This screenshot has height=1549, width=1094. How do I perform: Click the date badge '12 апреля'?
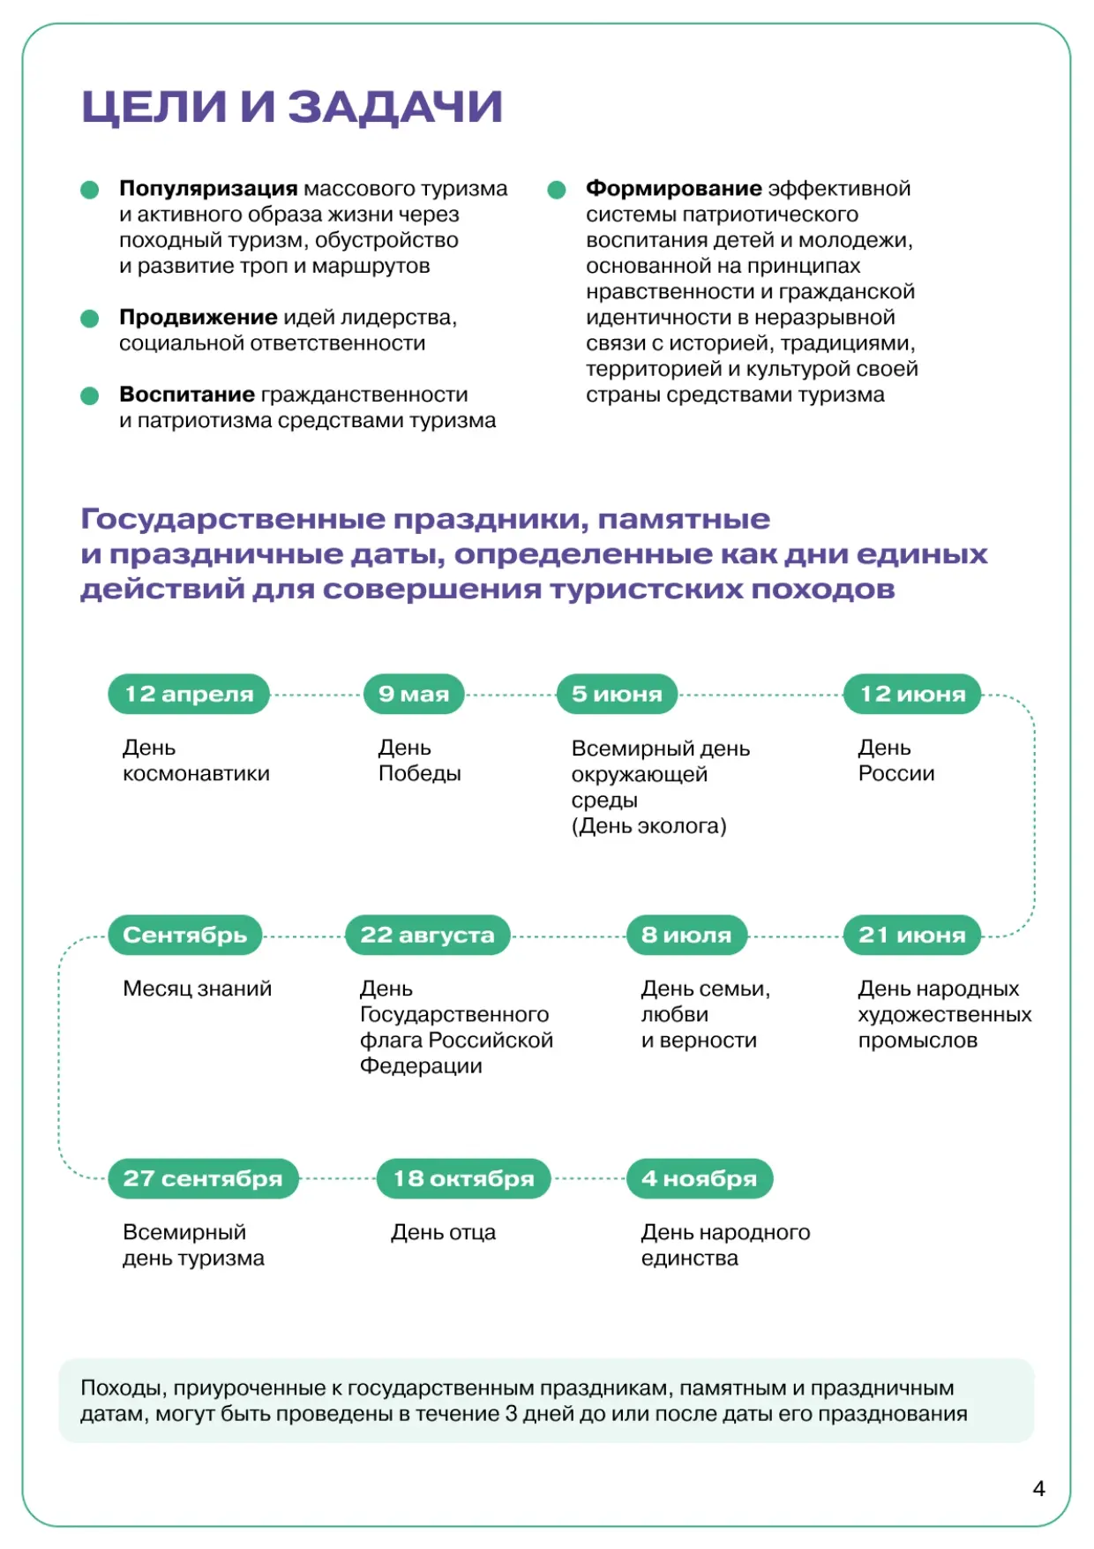189,694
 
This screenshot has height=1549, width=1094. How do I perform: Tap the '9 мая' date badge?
414,694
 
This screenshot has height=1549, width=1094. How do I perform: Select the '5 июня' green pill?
617,694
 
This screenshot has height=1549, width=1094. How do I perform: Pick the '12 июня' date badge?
913,694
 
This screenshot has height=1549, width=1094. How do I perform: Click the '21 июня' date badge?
912,935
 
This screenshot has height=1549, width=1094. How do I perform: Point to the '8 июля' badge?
686,935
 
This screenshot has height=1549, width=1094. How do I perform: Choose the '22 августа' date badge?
428,935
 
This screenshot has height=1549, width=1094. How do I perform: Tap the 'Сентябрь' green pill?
185,935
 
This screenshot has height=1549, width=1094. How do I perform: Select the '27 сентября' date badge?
203,1178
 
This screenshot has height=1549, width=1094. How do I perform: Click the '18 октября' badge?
463,1178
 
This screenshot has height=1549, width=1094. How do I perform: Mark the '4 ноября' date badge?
700,1178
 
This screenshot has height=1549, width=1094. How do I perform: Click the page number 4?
1038,1489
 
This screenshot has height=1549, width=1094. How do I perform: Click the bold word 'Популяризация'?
208,189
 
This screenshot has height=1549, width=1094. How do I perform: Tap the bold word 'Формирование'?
674,189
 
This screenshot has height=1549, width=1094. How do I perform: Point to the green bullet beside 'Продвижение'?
90,319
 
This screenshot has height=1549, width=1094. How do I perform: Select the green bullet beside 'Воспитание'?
90,395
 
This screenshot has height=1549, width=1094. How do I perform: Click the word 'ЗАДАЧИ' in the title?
395,107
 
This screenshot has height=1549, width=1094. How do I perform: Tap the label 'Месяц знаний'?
198,989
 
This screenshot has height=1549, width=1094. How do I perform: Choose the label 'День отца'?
444,1232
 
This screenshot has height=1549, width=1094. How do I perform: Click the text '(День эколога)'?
649,826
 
